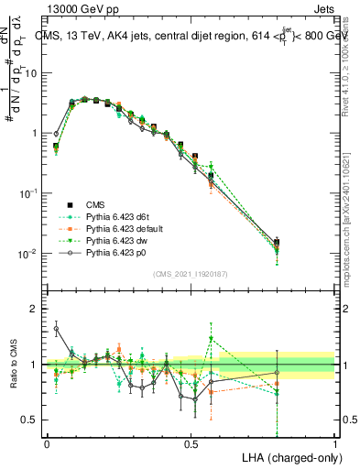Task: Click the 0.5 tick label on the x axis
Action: pos(191,442)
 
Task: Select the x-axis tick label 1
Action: pos(336,442)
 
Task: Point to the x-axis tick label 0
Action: pos(47,442)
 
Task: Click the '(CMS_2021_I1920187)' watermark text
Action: pos(191,274)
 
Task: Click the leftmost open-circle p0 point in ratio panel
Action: pos(56,328)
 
